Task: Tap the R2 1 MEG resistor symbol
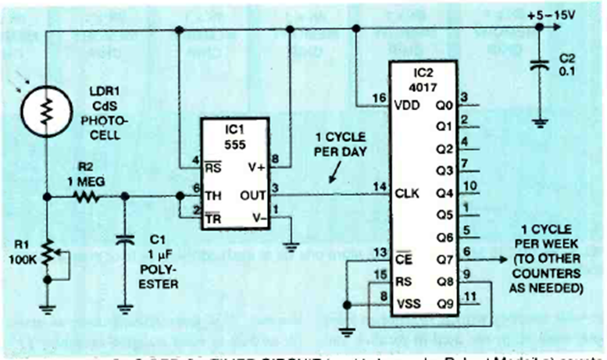tap(87, 198)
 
